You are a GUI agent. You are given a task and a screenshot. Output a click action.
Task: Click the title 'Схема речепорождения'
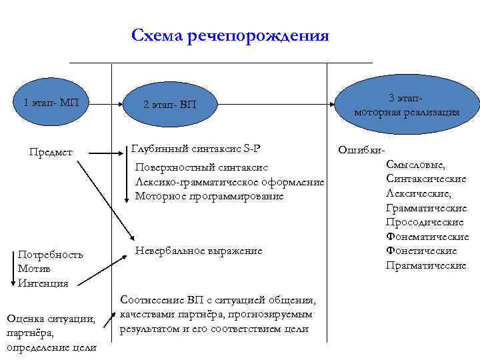pos(230,35)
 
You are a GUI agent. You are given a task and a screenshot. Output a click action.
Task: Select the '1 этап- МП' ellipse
pos(51,103)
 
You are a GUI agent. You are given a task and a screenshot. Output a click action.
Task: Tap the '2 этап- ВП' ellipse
pos(170,105)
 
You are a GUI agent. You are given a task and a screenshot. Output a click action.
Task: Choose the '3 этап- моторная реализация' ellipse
pos(407,105)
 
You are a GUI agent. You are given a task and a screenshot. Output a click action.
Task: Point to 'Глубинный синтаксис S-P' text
pos(197,148)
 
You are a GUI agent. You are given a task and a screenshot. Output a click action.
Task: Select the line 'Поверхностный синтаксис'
pos(201,168)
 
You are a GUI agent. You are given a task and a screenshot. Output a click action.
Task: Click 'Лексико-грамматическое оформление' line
pos(229,182)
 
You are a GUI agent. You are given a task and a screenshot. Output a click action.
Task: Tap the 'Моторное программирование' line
pos(209,196)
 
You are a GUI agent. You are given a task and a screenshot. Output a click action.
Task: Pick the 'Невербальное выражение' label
pos(198,251)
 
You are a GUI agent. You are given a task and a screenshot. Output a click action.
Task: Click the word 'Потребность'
pos(51,255)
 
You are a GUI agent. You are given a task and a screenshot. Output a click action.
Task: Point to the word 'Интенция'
pos(43,283)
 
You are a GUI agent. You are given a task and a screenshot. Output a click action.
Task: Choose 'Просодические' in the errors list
pos(424,222)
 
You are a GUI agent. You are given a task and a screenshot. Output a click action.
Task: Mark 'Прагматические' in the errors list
pos(425,265)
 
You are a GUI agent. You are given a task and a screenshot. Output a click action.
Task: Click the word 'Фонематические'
pos(427,237)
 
